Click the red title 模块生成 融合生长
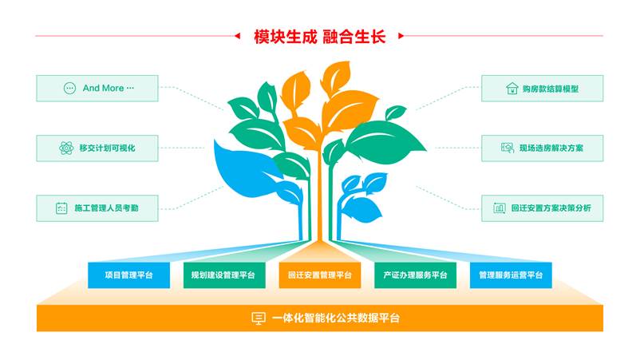(319, 37)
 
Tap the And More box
(97, 88)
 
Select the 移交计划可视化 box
(97, 148)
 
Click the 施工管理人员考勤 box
(97, 208)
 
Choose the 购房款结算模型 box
(542, 88)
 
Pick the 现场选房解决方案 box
(542, 148)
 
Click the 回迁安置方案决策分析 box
(542, 208)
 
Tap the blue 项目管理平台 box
(129, 275)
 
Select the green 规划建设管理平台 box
(224, 275)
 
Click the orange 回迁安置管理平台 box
(319, 275)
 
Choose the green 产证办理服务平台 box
(415, 275)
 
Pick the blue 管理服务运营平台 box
(511, 275)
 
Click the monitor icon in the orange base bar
(259, 318)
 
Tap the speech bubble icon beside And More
(69, 88)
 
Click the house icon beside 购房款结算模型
(512, 88)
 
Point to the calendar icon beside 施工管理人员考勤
(61, 208)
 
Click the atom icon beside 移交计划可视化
(66, 148)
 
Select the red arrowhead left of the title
(237, 36)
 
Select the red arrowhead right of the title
(401, 36)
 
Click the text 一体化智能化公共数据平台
(335, 318)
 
